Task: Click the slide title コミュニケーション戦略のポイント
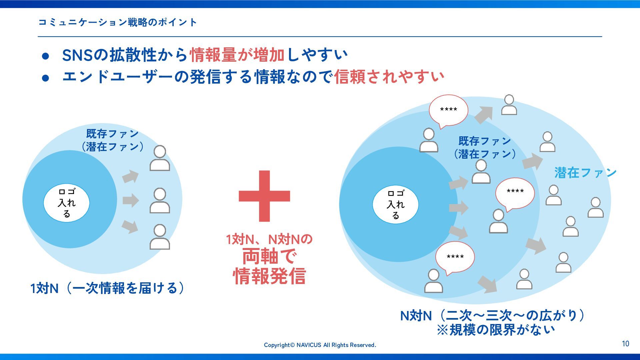tap(118, 22)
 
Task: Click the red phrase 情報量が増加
tap(237, 55)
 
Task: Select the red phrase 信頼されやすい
tap(389, 77)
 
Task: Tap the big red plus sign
tap(264, 196)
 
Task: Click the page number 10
tap(625, 344)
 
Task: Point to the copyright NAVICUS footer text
tap(320, 345)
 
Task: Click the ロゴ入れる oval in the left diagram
tap(67, 203)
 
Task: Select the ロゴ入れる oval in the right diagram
tap(395, 204)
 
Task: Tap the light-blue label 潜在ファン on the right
tap(585, 173)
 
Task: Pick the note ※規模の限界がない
tap(496, 330)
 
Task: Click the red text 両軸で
tap(269, 257)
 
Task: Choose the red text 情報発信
tap(269, 276)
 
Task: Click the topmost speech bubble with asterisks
tap(448, 110)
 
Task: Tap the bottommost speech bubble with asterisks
tap(455, 257)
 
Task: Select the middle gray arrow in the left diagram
tap(130, 200)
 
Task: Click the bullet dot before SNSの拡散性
tap(46, 56)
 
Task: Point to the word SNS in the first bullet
tap(77, 55)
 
